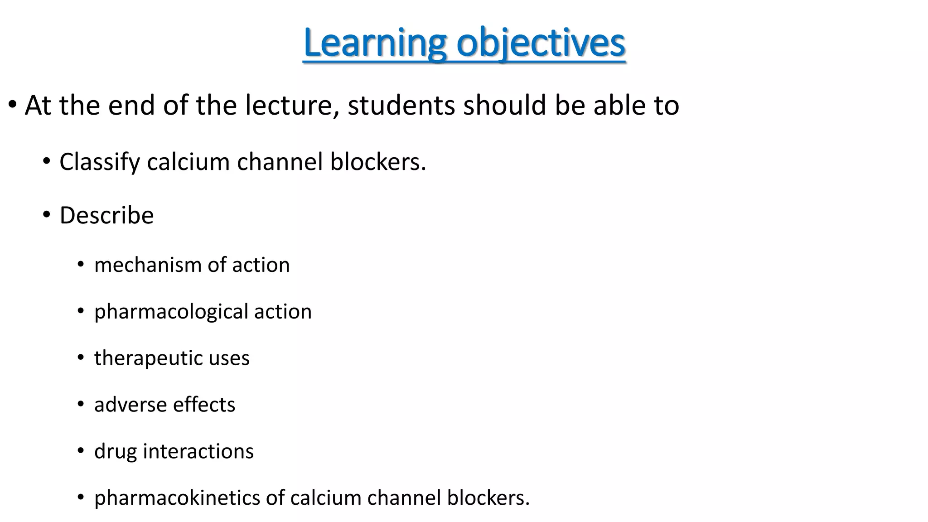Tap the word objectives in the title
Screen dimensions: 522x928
(x=541, y=43)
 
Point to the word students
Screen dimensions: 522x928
(x=401, y=105)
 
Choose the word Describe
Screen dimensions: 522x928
(x=106, y=215)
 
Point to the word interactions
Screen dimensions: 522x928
(x=198, y=451)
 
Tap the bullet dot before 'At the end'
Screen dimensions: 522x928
(x=13, y=105)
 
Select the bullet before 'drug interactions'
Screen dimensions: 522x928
(x=81, y=451)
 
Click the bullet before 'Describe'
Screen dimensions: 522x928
(x=47, y=215)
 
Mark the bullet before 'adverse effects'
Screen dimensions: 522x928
(x=81, y=404)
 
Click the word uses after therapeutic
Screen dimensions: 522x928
(x=229, y=358)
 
